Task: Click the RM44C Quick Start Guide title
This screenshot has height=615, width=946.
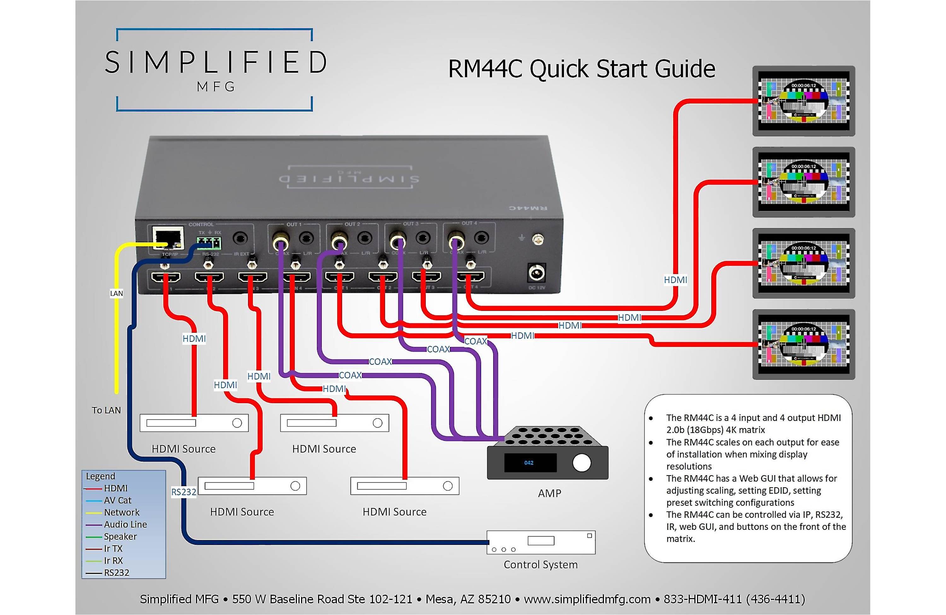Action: pyautogui.click(x=581, y=69)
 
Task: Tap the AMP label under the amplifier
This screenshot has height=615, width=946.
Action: pyautogui.click(x=549, y=493)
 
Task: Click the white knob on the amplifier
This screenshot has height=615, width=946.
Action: pyautogui.click(x=581, y=463)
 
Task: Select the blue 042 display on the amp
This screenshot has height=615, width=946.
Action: pyautogui.click(x=529, y=463)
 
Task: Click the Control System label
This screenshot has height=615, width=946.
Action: pyautogui.click(x=540, y=565)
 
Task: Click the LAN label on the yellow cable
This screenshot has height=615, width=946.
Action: pyautogui.click(x=116, y=293)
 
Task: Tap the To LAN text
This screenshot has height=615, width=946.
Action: pyautogui.click(x=106, y=410)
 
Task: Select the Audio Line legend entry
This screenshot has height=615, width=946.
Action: pyautogui.click(x=125, y=524)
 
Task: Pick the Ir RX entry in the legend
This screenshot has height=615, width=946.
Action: pyautogui.click(x=113, y=560)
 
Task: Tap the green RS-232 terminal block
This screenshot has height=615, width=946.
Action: pyautogui.click(x=209, y=242)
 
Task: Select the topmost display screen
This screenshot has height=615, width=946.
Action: pyautogui.click(x=803, y=101)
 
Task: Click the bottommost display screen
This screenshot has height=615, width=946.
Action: pyautogui.click(x=803, y=344)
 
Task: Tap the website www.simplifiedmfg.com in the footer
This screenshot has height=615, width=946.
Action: pyautogui.click(x=587, y=599)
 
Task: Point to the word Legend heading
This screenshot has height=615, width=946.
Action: pyautogui.click(x=101, y=476)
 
